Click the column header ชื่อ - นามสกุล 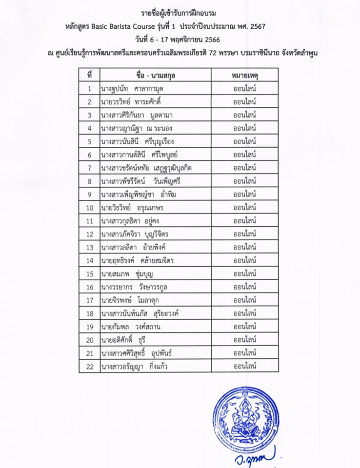[155, 75]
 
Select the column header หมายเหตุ [244, 75]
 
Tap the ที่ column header [89, 75]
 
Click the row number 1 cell [89, 88]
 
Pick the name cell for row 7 [146, 168]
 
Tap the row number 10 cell [89, 208]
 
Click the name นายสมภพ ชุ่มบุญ [124, 273]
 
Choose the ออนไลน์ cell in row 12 [244, 234]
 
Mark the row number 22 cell [89, 366]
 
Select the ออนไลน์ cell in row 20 [244, 339]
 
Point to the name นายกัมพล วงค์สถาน [130, 326]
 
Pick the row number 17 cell [89, 300]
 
